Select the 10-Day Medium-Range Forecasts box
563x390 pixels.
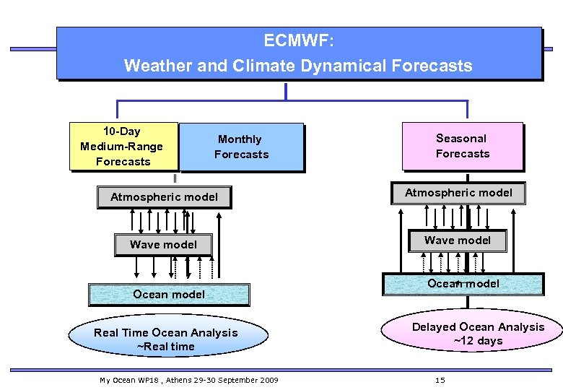tap(122, 147)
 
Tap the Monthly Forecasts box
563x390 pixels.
tap(241, 147)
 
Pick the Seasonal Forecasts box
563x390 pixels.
tap(462, 146)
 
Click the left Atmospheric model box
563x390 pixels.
tap(164, 197)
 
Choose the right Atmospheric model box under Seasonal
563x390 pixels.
tap(458, 193)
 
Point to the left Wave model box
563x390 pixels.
tap(163, 245)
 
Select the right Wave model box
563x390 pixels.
tap(458, 240)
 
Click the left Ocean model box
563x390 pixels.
tap(169, 295)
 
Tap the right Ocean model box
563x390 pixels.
tap(463, 284)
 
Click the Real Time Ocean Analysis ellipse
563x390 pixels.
tap(166, 339)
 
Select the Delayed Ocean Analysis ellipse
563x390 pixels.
tap(478, 334)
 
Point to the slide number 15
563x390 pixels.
tap(440, 380)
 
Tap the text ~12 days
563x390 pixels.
tap(478, 341)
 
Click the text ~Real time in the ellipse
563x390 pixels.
tap(166, 347)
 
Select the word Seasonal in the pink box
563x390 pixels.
tap(461, 138)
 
